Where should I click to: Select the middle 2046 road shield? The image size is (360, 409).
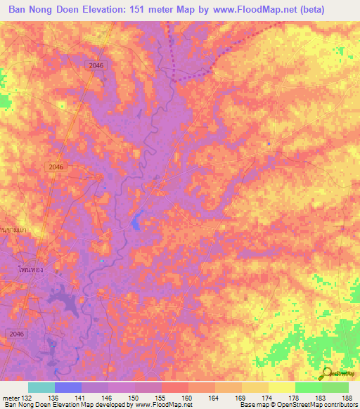coord(57,167)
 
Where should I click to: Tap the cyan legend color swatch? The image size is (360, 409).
coord(41,387)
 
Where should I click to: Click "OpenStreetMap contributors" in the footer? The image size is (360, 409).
coord(320,405)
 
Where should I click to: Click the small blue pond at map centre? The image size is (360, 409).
coord(136,223)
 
